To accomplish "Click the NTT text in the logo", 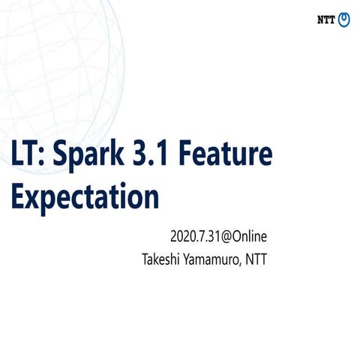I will tap(325, 19).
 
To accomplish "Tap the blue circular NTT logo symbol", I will tap(343, 19).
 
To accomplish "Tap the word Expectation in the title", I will tap(85, 198).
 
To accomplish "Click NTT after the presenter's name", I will tap(256, 260).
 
